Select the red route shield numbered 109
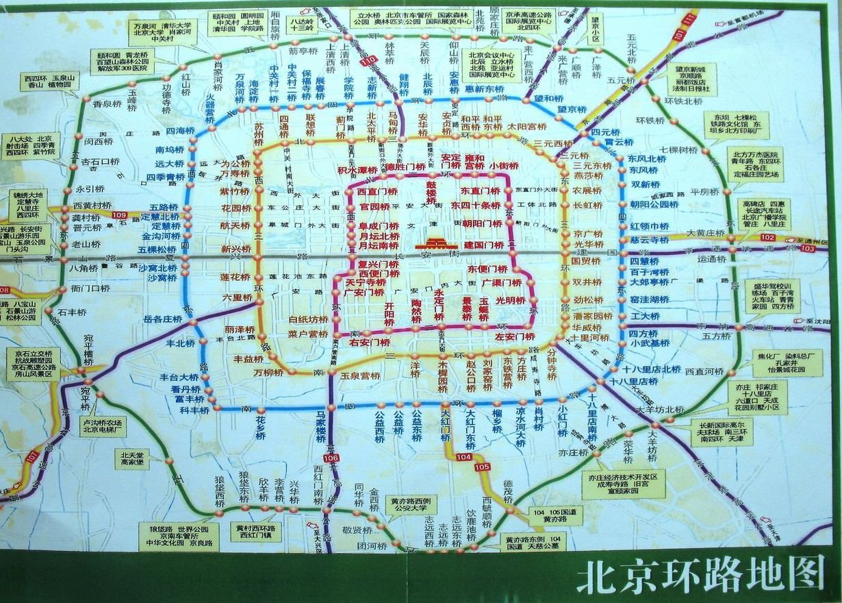tap(118, 215)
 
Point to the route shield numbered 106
tap(331, 458)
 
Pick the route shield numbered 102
tap(768, 237)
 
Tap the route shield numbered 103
tap(807, 248)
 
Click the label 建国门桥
tap(484, 245)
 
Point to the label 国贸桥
tap(585, 260)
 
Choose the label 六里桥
tap(238, 297)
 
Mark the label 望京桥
tap(572, 110)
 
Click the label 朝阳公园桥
tap(654, 204)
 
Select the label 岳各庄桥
tap(162, 319)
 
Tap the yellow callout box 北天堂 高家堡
tap(132, 458)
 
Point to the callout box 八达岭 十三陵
tap(303, 25)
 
